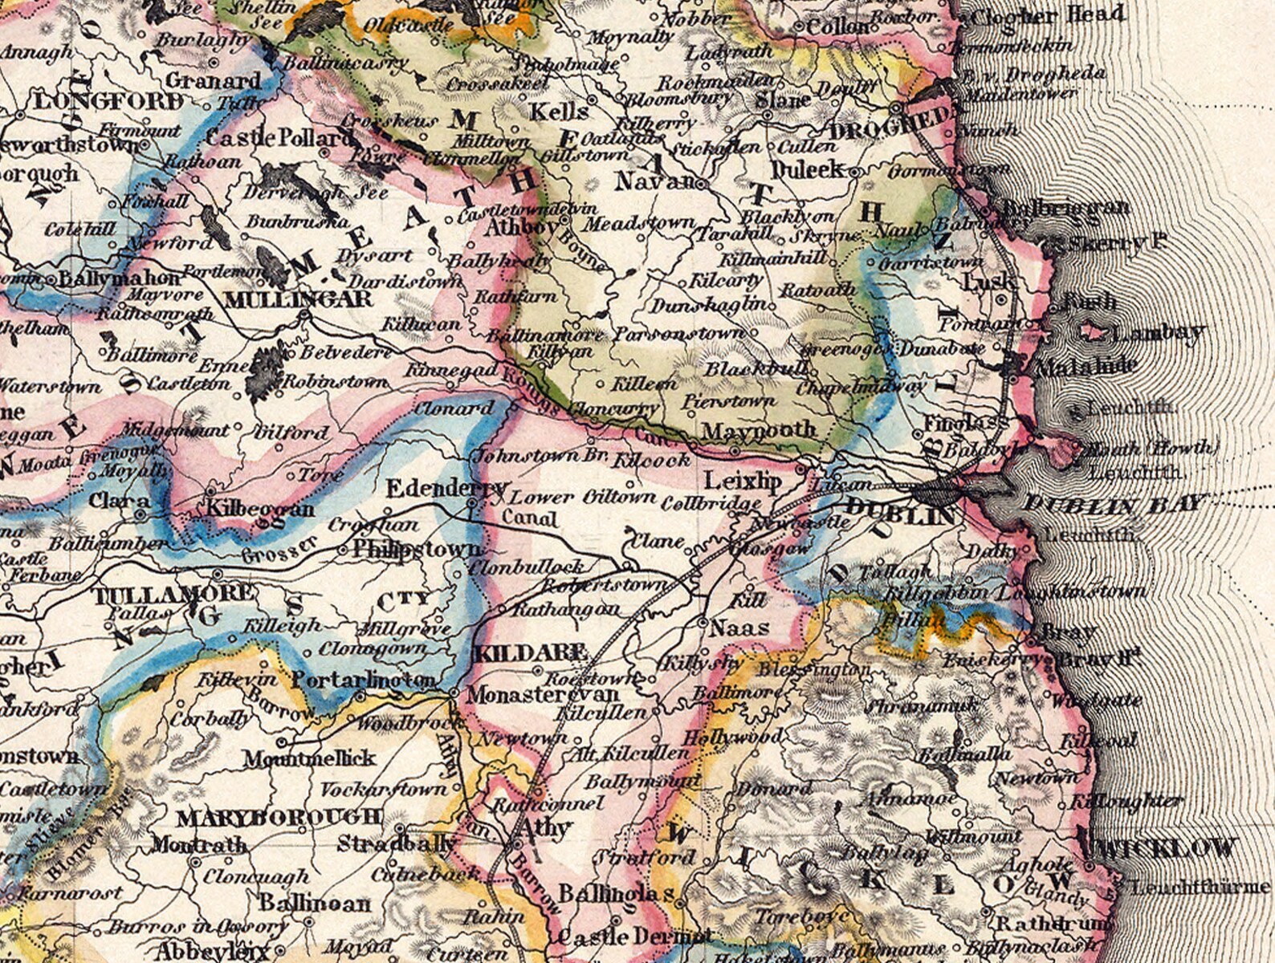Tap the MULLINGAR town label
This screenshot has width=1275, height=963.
[299, 299]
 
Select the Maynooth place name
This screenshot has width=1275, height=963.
[758, 431]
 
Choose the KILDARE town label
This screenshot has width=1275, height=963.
[530, 652]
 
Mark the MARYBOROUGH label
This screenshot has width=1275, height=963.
[279, 818]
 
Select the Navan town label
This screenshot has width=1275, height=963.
[654, 182]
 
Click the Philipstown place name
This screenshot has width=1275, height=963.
[418, 550]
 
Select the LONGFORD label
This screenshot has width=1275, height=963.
[108, 101]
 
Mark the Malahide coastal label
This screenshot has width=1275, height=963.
[1086, 366]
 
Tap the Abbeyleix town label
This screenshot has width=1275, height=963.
[210, 952]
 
